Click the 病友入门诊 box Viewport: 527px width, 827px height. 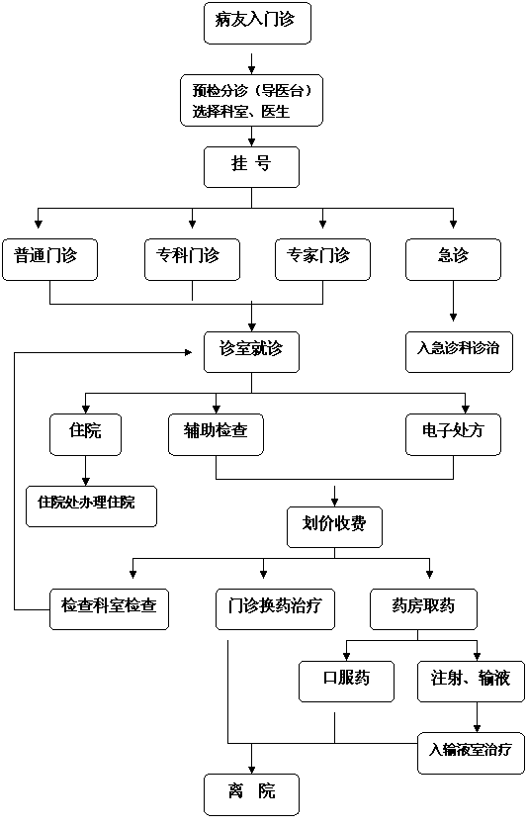pyautogui.click(x=257, y=22)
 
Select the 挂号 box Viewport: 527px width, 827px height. pyautogui.click(x=251, y=167)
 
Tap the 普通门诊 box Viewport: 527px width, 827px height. pyautogui.click(x=50, y=259)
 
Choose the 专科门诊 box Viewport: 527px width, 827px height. pyautogui.click(x=193, y=259)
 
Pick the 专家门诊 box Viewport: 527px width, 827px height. pyautogui.click(x=322, y=259)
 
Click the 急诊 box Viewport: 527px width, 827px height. pyautogui.click(x=453, y=259)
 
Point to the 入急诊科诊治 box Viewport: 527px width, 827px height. pyautogui.click(x=459, y=352)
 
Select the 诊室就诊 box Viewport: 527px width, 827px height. pyautogui.click(x=251, y=352)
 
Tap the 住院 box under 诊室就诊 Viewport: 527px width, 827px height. pyautogui.click(x=85, y=434)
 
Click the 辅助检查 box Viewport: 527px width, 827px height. pyautogui.click(x=217, y=434)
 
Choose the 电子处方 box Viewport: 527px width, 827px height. pyautogui.click(x=453, y=434)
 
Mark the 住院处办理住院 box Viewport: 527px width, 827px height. pyautogui.click(x=92, y=506)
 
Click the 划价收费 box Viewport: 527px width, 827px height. pyautogui.click(x=334, y=527)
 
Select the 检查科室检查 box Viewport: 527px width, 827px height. pyautogui.click(x=109, y=609)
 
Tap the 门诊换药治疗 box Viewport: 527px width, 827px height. pyautogui.click(x=275, y=609)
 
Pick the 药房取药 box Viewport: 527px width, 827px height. pyautogui.click(x=424, y=609)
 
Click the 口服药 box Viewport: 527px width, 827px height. pyautogui.click(x=347, y=682)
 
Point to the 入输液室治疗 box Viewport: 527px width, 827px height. pyautogui.click(x=472, y=753)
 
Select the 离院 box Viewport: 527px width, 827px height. pyautogui.click(x=251, y=794)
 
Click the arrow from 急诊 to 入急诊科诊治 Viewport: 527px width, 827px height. pyautogui.click(x=453, y=301)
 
